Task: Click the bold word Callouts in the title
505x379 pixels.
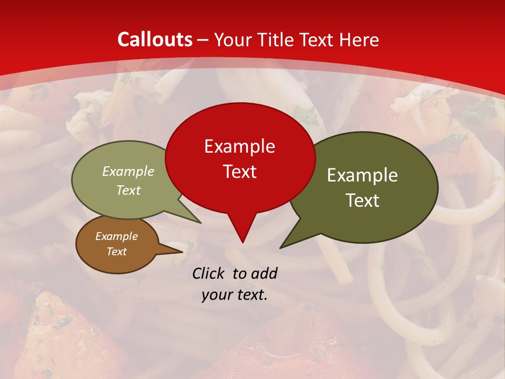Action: point(155,39)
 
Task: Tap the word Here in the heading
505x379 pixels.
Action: point(360,39)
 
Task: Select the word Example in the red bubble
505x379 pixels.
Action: point(239,146)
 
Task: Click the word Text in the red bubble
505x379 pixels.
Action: point(239,172)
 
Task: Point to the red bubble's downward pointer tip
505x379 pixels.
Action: point(243,242)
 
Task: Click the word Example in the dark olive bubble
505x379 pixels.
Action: point(362,175)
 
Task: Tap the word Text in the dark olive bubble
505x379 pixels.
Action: point(362,201)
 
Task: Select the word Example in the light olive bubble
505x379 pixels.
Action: point(128,172)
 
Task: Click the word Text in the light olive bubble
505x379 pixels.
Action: point(128,191)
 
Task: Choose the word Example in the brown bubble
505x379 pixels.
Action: point(116,236)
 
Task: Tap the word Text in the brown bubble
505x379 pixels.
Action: point(116,252)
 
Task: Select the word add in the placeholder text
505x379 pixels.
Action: point(264,273)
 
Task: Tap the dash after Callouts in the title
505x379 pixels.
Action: point(204,40)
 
